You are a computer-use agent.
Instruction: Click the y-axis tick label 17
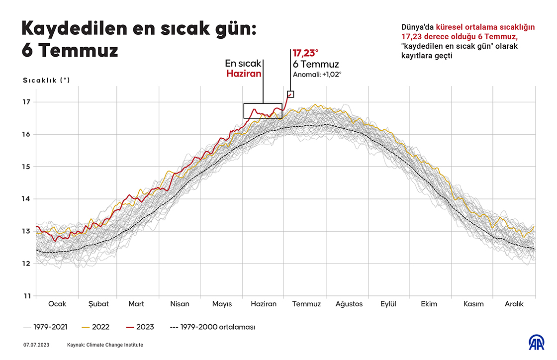(x=26, y=102)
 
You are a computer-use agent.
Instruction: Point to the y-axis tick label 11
(x=26, y=296)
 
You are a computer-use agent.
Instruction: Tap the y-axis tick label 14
(x=26, y=199)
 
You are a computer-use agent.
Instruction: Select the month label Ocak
(x=57, y=304)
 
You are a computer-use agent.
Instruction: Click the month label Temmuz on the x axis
(x=306, y=304)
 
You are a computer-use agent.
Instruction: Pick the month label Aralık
(x=515, y=304)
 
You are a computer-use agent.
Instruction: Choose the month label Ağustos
(x=349, y=304)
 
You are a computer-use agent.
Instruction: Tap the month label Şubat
(x=98, y=304)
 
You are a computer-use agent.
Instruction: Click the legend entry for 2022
(x=100, y=327)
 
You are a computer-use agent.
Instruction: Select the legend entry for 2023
(x=145, y=327)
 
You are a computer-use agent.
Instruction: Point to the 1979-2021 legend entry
(x=50, y=327)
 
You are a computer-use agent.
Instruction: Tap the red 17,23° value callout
(x=305, y=53)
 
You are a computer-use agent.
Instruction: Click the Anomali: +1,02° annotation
(x=317, y=74)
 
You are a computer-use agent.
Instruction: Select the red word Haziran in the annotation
(x=244, y=73)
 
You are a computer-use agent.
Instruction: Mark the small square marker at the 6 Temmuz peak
(x=290, y=94)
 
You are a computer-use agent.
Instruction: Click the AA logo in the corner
(x=536, y=343)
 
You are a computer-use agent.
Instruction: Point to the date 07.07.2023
(x=36, y=345)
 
